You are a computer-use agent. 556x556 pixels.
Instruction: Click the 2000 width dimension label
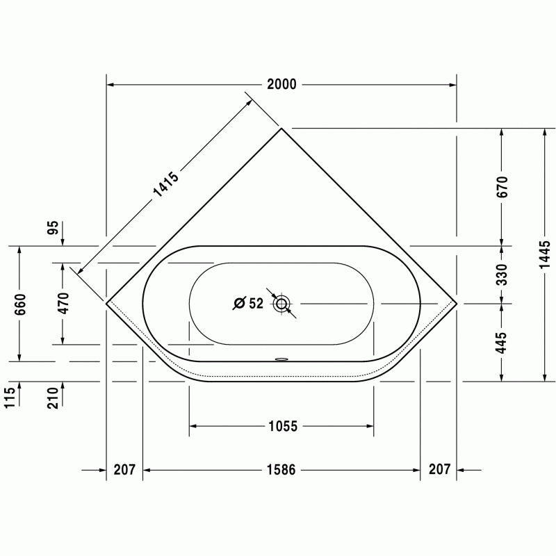pos(281,85)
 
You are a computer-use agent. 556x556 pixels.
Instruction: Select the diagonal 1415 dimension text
pos(166,184)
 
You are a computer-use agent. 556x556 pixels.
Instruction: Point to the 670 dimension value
pos(502,186)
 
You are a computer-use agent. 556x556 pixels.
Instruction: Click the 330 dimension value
pos(502,275)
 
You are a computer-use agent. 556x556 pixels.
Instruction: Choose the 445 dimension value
pos(502,343)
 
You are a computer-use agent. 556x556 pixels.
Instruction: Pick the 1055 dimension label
pos(283,426)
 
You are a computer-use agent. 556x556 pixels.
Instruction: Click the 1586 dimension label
pos(281,470)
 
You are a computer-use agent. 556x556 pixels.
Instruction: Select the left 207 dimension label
pos(124,470)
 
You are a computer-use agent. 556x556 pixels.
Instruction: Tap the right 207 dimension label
pos(440,469)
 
